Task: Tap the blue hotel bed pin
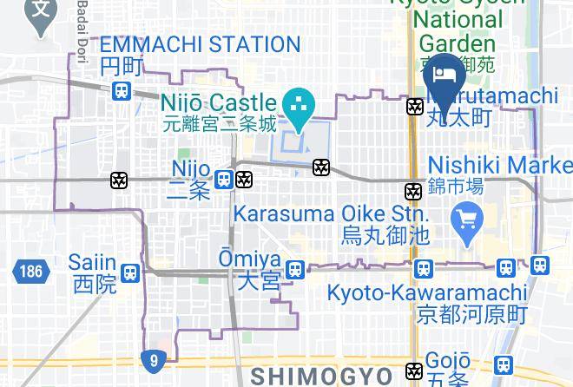tap(444, 75)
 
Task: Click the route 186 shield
tap(29, 272)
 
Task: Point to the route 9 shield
tap(152, 357)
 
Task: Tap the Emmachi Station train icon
tap(122, 90)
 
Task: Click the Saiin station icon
tap(129, 272)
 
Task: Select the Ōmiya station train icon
tap(295, 271)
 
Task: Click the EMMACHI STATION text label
tap(200, 44)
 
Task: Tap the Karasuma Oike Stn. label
tap(331, 213)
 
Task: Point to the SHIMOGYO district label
tap(321, 376)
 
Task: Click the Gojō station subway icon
tap(414, 371)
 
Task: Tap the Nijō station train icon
tap(224, 180)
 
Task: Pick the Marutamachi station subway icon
tap(414, 107)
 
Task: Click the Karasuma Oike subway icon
tap(413, 191)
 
